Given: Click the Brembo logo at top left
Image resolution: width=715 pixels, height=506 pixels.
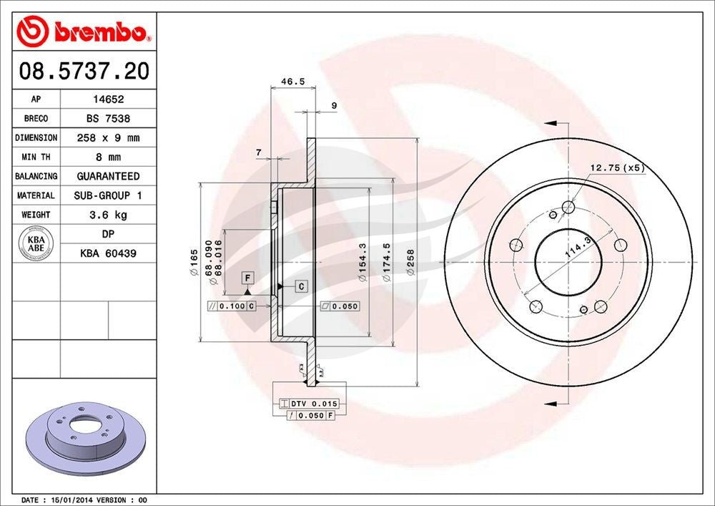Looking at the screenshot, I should click(84, 32).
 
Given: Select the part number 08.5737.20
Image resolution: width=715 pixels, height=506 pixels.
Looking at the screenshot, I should click(84, 72).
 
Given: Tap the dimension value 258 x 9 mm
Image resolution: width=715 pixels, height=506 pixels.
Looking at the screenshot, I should click(107, 138).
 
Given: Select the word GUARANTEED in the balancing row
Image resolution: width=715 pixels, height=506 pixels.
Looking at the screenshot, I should click(107, 176).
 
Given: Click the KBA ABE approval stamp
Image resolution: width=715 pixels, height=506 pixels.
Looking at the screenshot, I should click(35, 243).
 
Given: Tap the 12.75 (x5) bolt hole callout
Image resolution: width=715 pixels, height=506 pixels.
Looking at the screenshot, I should click(616, 168).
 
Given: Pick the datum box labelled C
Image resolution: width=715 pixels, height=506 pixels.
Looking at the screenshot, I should click(301, 286).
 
